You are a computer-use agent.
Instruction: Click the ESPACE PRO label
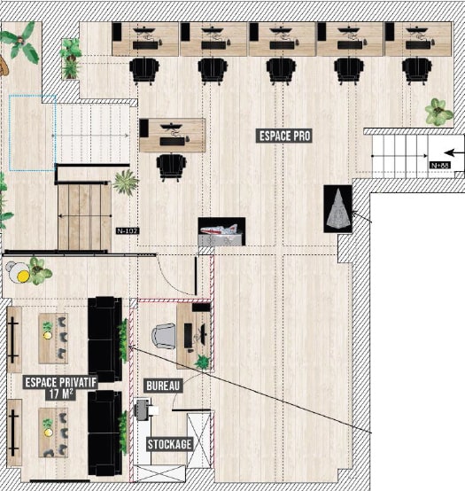click(284, 136)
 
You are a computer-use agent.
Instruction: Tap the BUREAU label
click(163, 386)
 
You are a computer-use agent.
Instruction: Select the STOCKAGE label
click(169, 444)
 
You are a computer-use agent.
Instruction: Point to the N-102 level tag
click(128, 231)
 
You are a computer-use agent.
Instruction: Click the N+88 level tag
click(440, 165)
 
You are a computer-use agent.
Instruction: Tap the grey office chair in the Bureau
click(163, 336)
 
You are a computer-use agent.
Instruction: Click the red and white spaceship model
click(221, 231)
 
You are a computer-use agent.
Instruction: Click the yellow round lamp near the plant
click(23, 276)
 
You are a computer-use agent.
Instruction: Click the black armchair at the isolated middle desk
click(171, 167)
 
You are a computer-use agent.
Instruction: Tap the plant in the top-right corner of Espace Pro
click(438, 112)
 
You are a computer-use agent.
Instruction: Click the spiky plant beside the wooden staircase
click(126, 183)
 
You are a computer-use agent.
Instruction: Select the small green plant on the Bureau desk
click(202, 362)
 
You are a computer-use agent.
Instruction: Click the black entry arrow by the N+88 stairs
click(454, 152)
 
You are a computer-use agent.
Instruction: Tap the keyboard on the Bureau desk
click(188, 336)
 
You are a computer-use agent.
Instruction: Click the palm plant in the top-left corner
click(20, 43)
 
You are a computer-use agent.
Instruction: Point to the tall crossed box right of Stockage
click(199, 440)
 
